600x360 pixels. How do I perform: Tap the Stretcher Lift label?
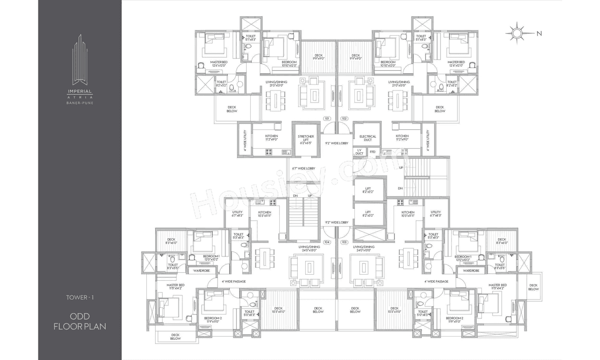[x=306, y=139]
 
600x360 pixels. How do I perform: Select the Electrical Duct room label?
[x=368, y=138]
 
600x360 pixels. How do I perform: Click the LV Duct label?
[x=360, y=151]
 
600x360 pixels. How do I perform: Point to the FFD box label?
[x=373, y=151]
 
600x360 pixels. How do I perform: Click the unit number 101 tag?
[x=327, y=119]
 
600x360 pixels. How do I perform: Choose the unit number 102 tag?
[x=345, y=119]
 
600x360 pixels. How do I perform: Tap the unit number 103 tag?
[x=345, y=242]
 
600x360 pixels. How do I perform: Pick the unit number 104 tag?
[x=327, y=242]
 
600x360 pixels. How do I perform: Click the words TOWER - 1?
[x=80, y=297]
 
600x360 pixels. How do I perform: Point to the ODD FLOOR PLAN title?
[x=80, y=321]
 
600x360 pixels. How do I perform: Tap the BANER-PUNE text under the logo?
[x=79, y=102]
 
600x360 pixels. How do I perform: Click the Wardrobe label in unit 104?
[x=198, y=270]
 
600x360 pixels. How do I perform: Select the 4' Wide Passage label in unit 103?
[x=436, y=281]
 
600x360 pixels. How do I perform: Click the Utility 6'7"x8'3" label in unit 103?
[x=436, y=214]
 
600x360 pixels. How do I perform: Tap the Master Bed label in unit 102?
[x=456, y=64]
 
